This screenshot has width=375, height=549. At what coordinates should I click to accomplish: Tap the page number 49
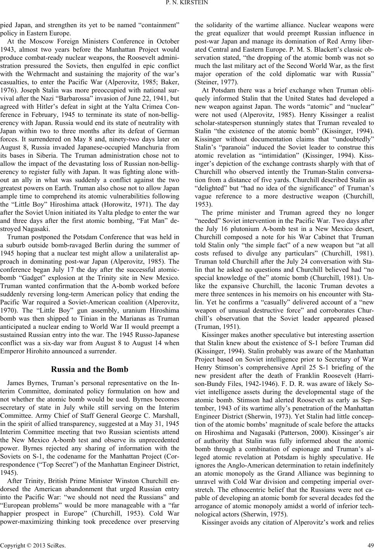click(x=370, y=543)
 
